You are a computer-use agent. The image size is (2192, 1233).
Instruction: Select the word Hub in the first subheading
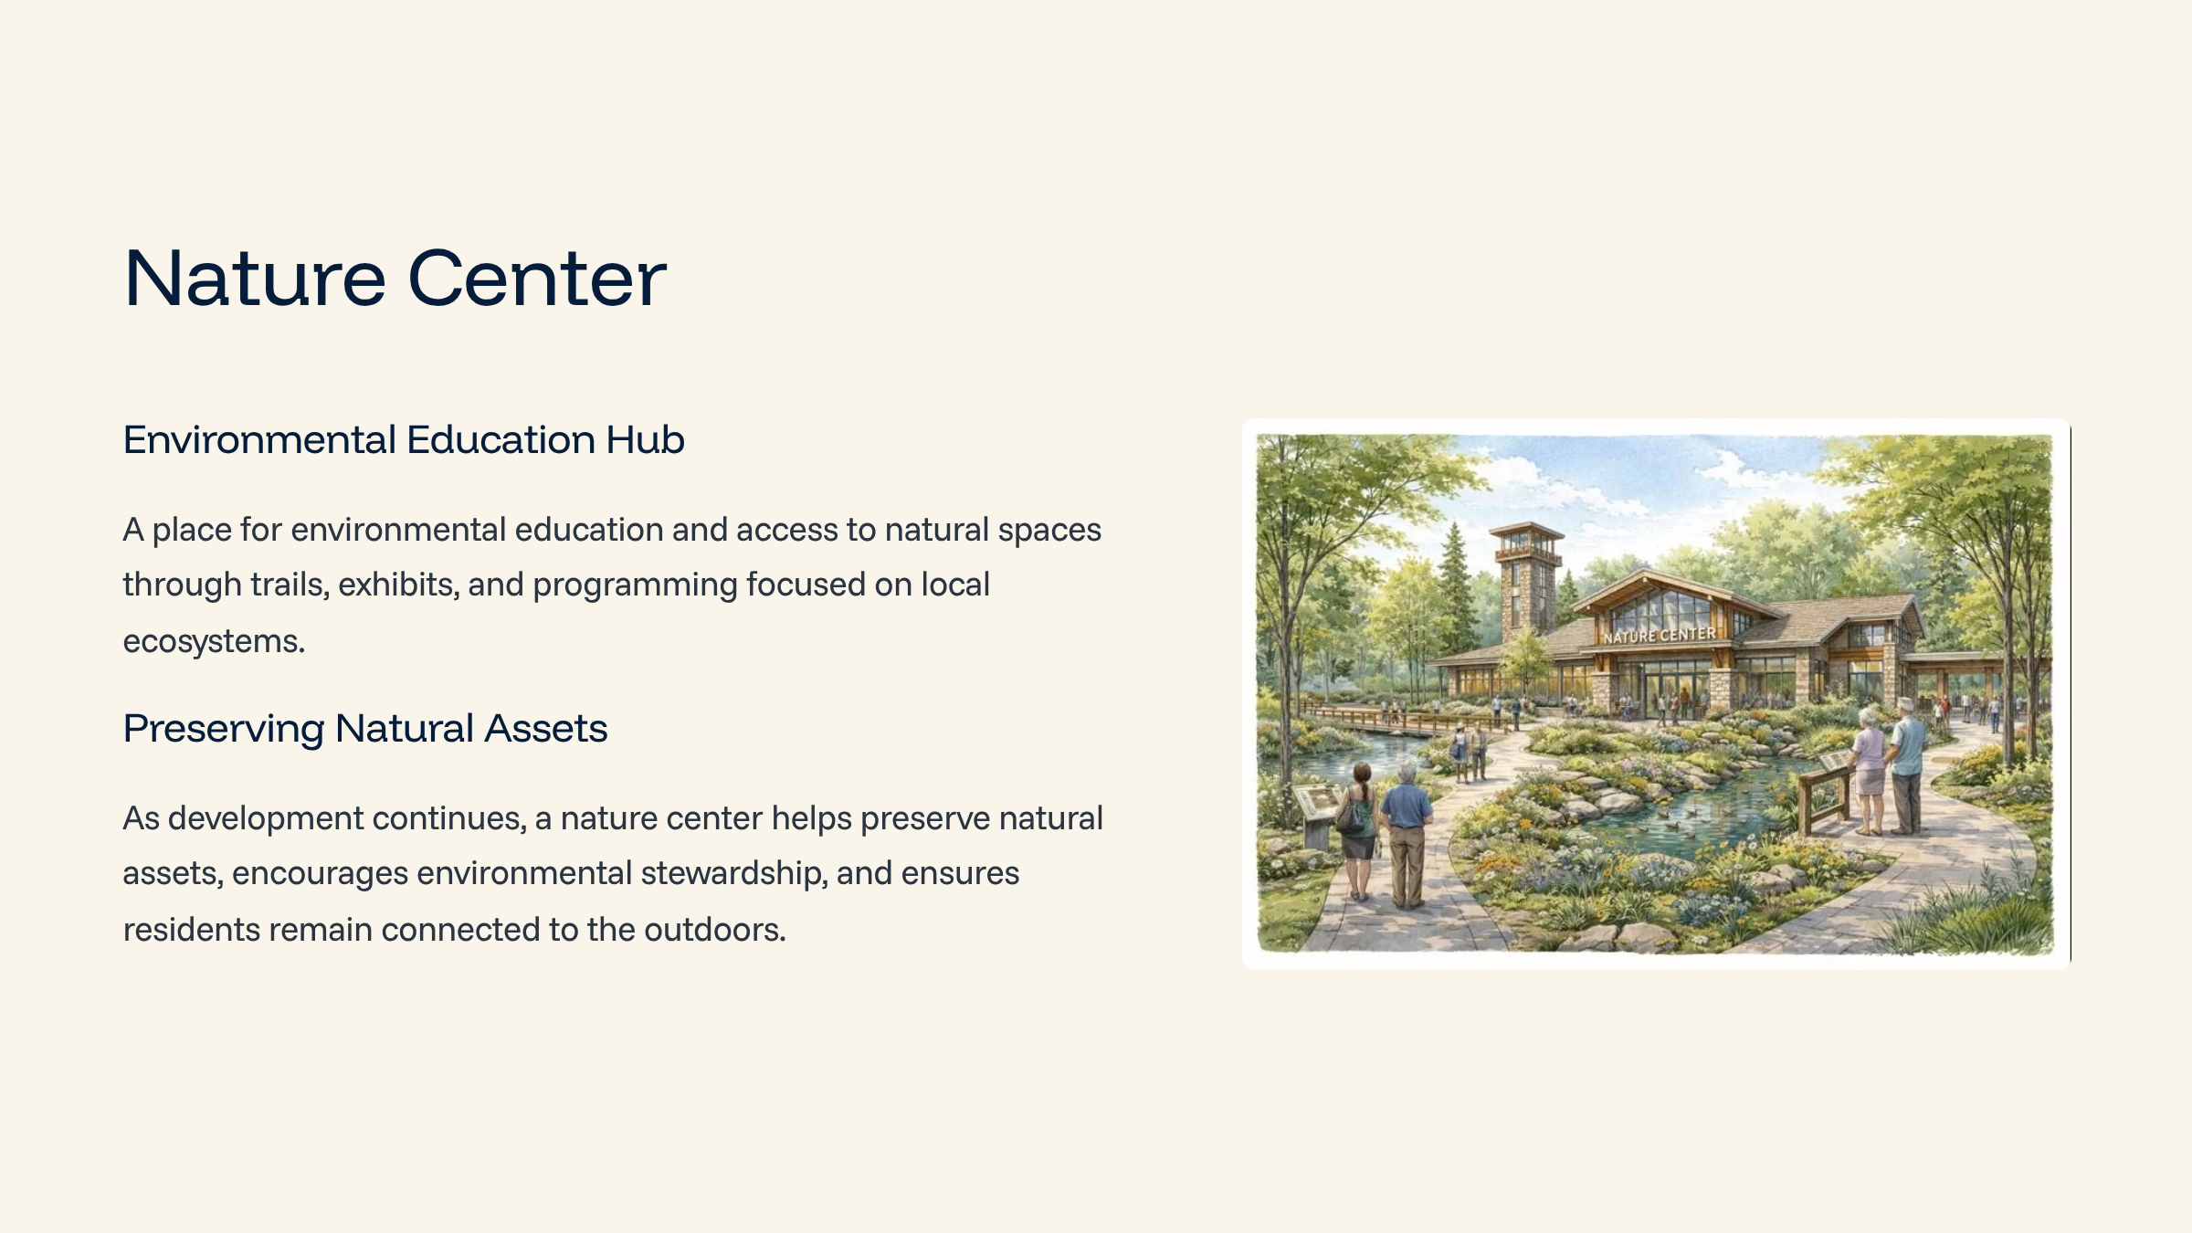pos(645,439)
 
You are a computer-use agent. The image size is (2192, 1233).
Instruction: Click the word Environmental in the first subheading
pos(259,439)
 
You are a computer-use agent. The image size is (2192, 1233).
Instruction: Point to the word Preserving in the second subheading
pos(224,729)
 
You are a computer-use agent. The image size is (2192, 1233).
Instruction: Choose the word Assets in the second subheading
pos(545,729)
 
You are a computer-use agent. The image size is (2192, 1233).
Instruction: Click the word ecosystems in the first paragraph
pos(214,641)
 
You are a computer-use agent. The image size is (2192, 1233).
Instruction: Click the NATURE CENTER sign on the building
pos(1660,634)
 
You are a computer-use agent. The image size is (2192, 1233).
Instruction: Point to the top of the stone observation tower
pos(1525,527)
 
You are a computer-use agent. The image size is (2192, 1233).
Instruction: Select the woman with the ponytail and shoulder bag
pos(1358,831)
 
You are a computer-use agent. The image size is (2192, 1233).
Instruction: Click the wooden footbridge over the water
pos(1397,720)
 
